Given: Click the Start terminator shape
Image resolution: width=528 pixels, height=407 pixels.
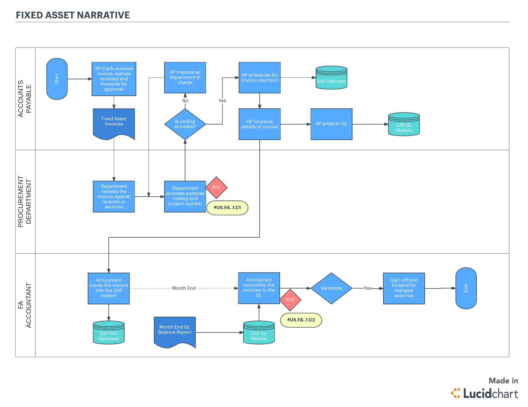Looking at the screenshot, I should tap(57, 79).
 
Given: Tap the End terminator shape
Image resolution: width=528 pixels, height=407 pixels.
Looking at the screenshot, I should tap(466, 288).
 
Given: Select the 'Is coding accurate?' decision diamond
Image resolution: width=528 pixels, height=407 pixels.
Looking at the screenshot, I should tap(185, 124).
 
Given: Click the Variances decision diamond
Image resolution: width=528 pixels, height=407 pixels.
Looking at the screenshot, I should tap(331, 288).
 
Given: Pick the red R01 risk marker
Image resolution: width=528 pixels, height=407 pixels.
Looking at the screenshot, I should tap(216, 187).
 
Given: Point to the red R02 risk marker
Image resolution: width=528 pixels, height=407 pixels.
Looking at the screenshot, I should tap(290, 300).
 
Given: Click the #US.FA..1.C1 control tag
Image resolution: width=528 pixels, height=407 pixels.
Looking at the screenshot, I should tap(227, 208).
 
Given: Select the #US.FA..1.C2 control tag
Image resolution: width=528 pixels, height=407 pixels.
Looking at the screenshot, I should tap(301, 320).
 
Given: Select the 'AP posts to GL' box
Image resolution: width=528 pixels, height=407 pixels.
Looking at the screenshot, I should tap(331, 124).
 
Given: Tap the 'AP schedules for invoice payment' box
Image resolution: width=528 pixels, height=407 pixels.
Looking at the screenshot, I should tap(260, 78).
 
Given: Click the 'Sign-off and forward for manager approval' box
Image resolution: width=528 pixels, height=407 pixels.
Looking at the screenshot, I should tap(404, 288).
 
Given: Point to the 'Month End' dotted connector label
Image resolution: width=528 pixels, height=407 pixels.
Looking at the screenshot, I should tap(184, 288).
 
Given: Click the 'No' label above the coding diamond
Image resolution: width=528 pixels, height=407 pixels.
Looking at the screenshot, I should tap(185, 101).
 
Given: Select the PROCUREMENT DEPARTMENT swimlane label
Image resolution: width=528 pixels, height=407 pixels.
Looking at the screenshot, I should tap(25, 201).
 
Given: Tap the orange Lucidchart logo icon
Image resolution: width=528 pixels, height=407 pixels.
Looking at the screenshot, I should tap(456, 393).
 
